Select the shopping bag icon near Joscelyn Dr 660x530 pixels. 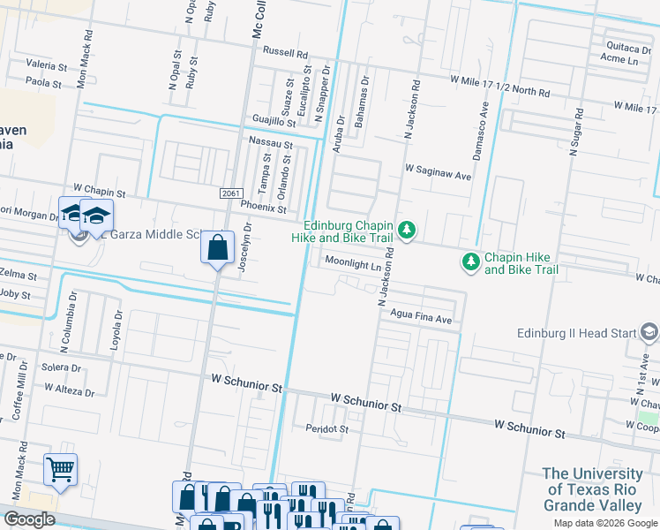(x=217, y=248)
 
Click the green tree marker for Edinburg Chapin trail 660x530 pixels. (x=406, y=231)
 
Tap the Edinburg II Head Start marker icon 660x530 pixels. (x=649, y=333)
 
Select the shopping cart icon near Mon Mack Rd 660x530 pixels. (x=60, y=470)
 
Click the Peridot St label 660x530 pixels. (x=327, y=428)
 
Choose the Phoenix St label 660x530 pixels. (x=263, y=209)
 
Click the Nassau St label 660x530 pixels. (x=270, y=142)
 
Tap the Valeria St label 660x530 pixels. (x=46, y=66)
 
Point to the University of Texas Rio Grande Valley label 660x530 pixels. (x=592, y=489)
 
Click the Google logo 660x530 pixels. (x=29, y=519)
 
